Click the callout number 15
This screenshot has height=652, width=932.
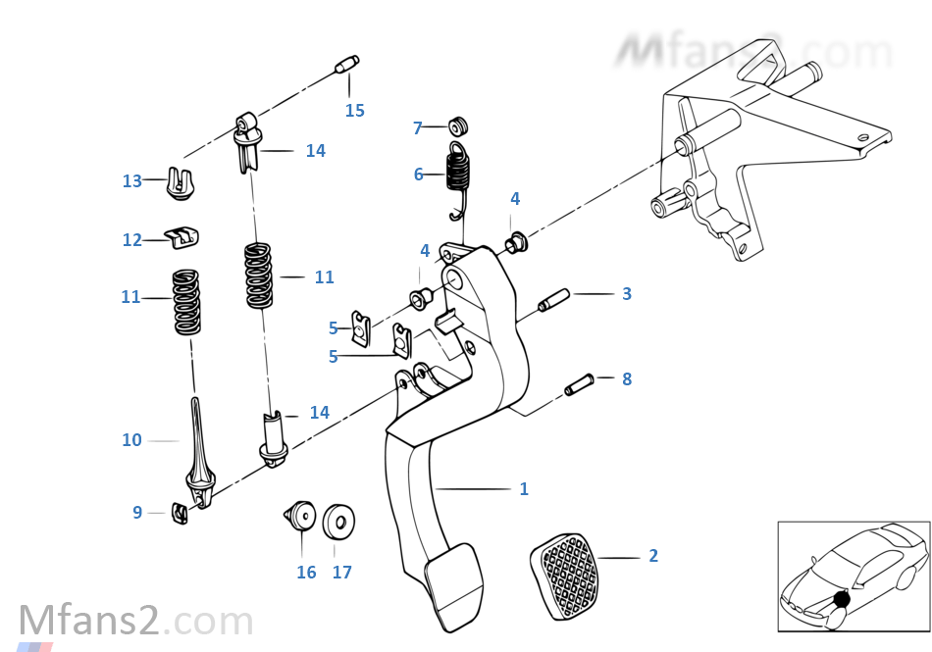[354, 111]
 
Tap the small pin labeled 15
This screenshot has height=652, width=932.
[346, 66]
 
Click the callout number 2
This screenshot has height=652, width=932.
[653, 556]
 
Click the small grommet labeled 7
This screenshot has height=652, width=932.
[458, 126]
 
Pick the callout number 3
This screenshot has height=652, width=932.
[626, 293]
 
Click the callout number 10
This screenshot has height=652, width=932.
[131, 440]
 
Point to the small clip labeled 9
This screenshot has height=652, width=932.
[180, 512]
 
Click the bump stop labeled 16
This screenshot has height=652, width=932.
[300, 520]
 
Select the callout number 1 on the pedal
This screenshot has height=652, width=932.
[524, 488]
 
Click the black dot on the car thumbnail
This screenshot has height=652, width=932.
[840, 600]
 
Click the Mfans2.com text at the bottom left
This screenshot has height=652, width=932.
[136, 622]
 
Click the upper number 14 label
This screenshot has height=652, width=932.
[315, 151]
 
